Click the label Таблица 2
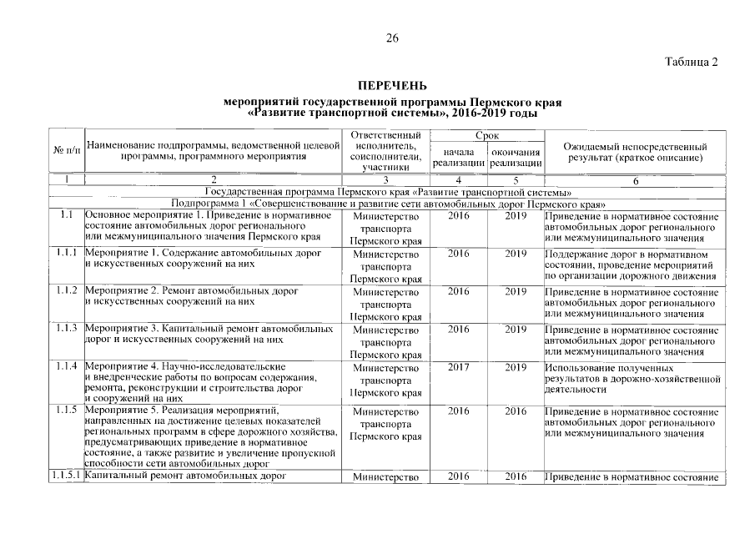pyautogui.click(x=692, y=63)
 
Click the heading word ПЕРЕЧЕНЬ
pyautogui.click(x=391, y=86)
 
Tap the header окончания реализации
pyautogui.click(x=516, y=157)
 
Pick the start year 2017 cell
pyautogui.click(x=459, y=367)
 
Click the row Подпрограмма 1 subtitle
pyautogui.click(x=387, y=203)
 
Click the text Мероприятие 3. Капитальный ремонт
pyautogui.click(x=210, y=329)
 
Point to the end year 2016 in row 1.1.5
pyautogui.click(x=516, y=411)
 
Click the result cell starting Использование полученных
pyautogui.click(x=632, y=378)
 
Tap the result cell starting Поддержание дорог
pyautogui.click(x=632, y=264)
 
